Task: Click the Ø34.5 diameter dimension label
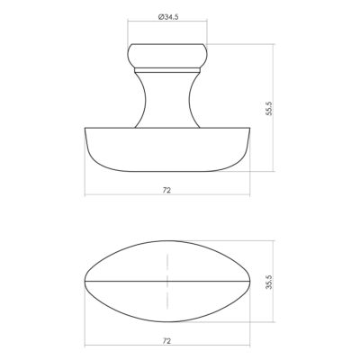coord(168,17)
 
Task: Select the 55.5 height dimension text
coord(269,109)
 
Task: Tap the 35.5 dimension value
coord(269,282)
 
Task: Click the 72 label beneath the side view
coord(166,190)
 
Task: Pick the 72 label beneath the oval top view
coord(166,341)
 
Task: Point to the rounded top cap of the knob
coord(167,56)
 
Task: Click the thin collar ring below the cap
coord(167,70)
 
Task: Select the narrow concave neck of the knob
coord(167,100)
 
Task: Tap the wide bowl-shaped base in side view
coord(167,149)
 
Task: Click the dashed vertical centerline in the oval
coord(167,282)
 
